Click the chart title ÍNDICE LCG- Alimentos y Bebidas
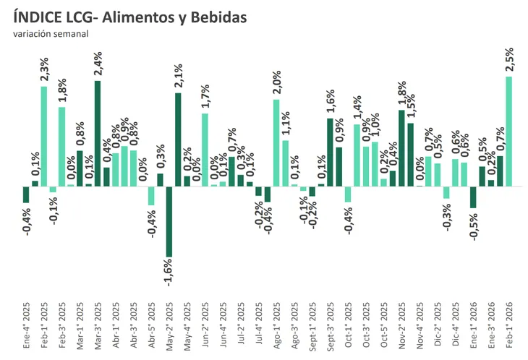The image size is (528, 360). click(x=130, y=17)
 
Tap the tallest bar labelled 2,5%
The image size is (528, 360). click(x=509, y=132)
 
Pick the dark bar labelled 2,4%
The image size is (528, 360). click(x=98, y=133)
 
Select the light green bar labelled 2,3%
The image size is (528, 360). click(x=44, y=136)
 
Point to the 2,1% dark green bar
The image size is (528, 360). click(x=178, y=140)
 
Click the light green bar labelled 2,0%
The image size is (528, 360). click(x=276, y=142)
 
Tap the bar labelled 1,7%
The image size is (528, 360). click(x=205, y=150)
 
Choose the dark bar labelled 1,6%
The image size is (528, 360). click(x=330, y=152)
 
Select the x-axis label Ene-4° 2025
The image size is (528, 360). click(x=26, y=323)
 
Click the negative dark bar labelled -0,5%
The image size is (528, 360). click(x=473, y=197)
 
